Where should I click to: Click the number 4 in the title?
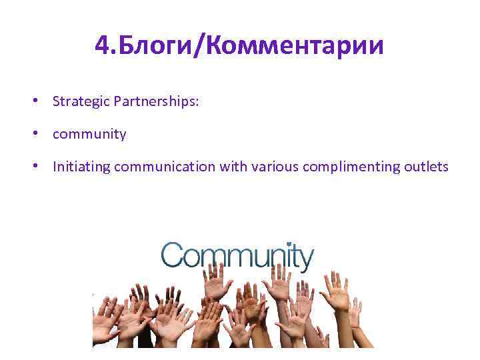pos(102,46)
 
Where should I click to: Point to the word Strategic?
pos(81,101)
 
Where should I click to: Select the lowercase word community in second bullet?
pos(89,134)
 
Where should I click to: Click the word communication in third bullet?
pos(166,167)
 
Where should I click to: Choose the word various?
pos(275,167)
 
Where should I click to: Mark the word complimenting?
pos(351,167)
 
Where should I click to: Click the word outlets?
pos(426,167)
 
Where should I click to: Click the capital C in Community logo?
pos(172,255)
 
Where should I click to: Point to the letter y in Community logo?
pos(304,259)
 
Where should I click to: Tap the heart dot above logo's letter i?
pos(287,243)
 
